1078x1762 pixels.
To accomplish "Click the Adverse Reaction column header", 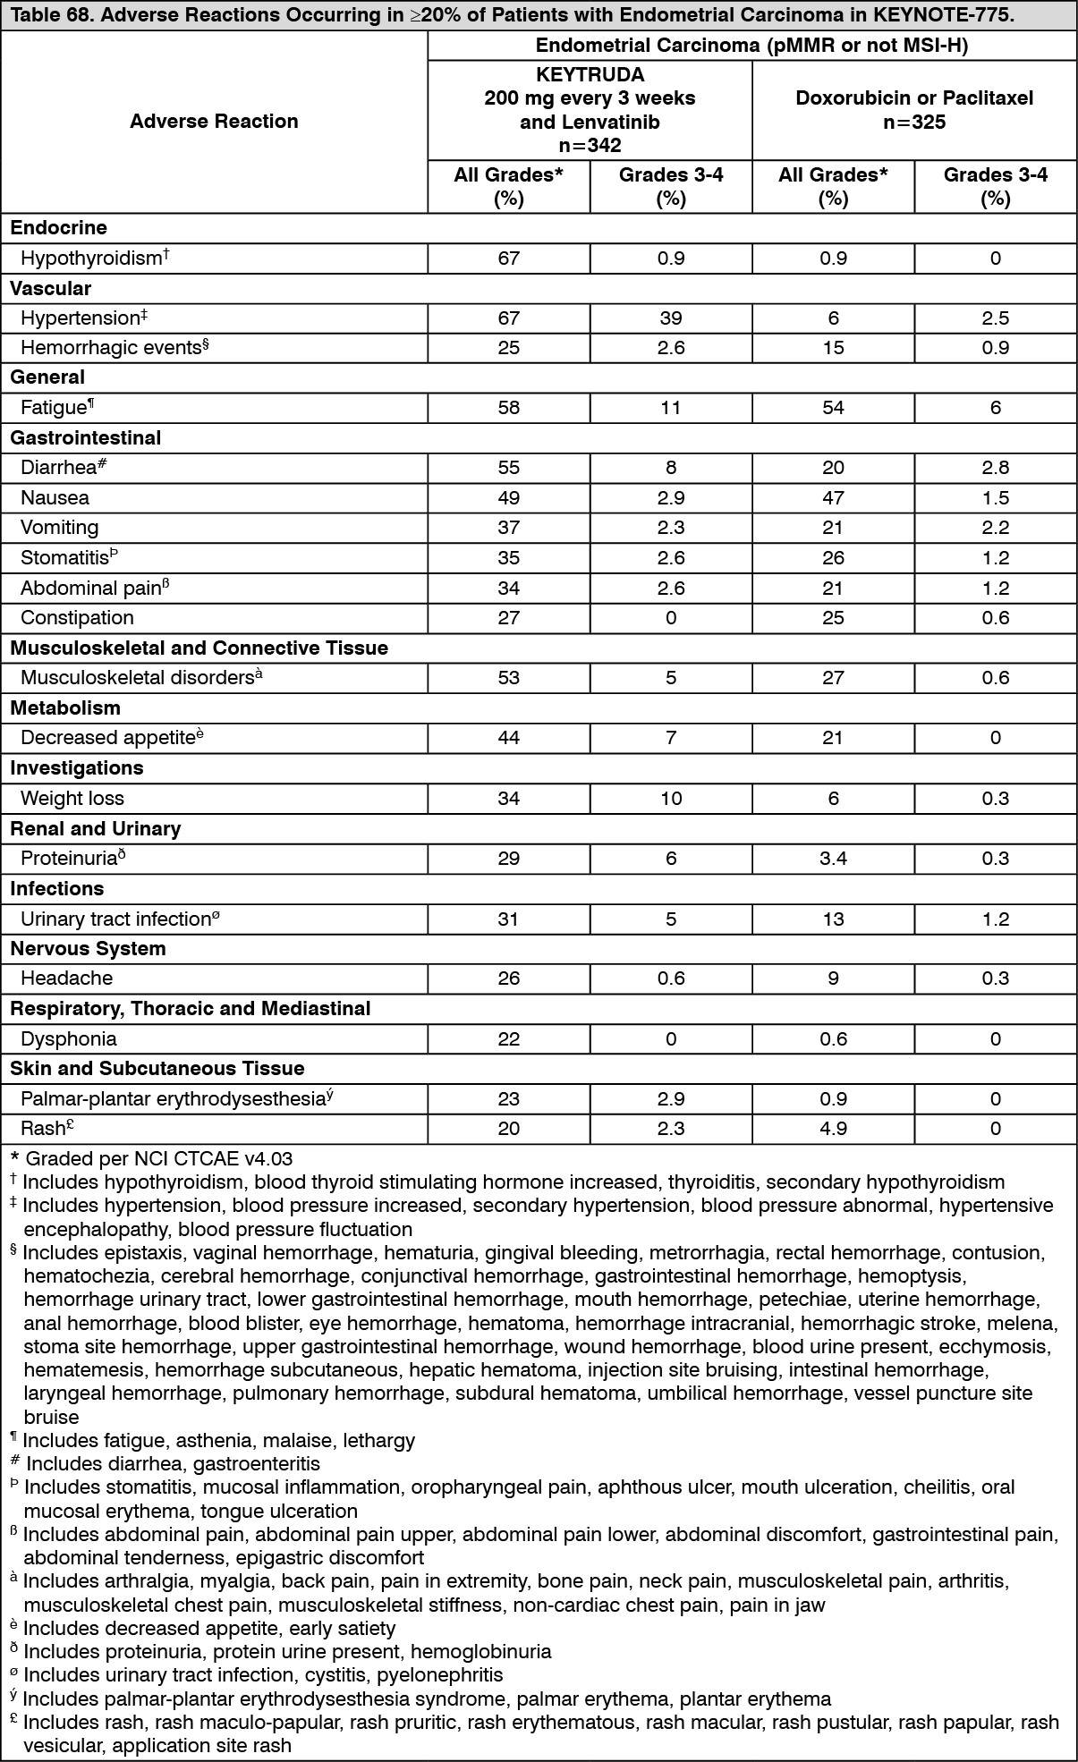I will (x=214, y=122).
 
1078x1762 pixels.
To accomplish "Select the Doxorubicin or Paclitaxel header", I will (x=913, y=97).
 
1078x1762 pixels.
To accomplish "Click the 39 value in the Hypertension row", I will (x=671, y=318).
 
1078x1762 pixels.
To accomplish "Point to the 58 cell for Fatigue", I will (x=508, y=408).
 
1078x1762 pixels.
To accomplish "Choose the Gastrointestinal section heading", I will (x=85, y=438).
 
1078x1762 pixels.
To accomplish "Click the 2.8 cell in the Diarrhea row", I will (x=995, y=468).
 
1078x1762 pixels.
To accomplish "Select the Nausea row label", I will (x=55, y=498).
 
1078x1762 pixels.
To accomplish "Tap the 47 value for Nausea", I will (x=833, y=498).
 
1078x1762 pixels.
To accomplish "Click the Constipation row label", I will (x=77, y=618).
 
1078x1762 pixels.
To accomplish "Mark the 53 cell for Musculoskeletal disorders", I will (x=508, y=678).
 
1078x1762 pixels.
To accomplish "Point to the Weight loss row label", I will (x=72, y=799).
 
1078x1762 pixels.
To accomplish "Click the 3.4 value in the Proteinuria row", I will (x=833, y=859).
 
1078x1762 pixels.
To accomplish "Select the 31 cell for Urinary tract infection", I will (x=508, y=919).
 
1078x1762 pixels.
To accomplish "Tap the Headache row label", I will (x=66, y=978).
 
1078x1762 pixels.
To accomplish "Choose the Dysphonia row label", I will (x=68, y=1039).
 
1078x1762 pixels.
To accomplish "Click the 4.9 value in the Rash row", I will (x=833, y=1129).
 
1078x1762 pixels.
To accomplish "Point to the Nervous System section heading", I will (x=88, y=949).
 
